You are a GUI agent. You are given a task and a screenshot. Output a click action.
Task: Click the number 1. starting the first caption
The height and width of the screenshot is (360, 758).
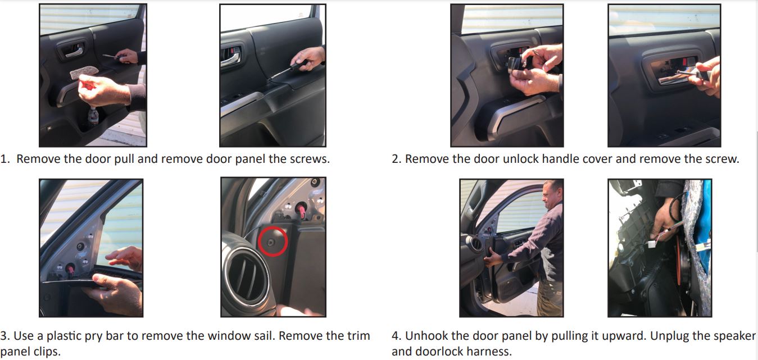[x=5, y=159]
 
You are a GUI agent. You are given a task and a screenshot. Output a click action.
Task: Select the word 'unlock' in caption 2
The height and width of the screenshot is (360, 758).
[x=498, y=159]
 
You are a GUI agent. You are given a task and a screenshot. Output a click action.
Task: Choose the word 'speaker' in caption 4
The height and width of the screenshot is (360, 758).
[x=733, y=336]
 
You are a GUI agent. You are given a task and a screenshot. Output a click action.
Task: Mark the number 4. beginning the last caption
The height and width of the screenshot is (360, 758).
[x=397, y=336]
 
